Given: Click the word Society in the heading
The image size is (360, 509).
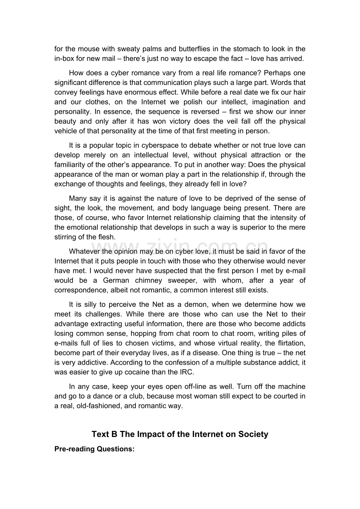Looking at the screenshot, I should click(252, 435).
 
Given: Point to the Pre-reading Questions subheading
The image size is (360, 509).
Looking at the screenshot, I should click(94, 449).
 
